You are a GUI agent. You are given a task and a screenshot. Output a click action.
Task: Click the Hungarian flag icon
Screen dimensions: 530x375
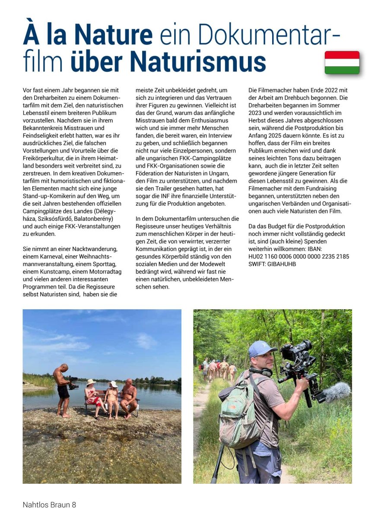click(x=342, y=62)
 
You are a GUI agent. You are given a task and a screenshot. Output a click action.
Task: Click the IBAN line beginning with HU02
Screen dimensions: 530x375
click(x=299, y=257)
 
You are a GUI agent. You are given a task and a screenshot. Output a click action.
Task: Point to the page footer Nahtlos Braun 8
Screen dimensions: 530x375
click(x=49, y=505)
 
